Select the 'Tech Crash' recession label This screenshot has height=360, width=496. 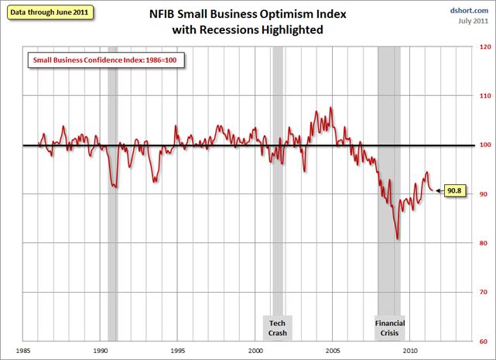[x=277, y=327]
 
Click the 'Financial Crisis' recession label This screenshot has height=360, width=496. [x=390, y=327]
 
